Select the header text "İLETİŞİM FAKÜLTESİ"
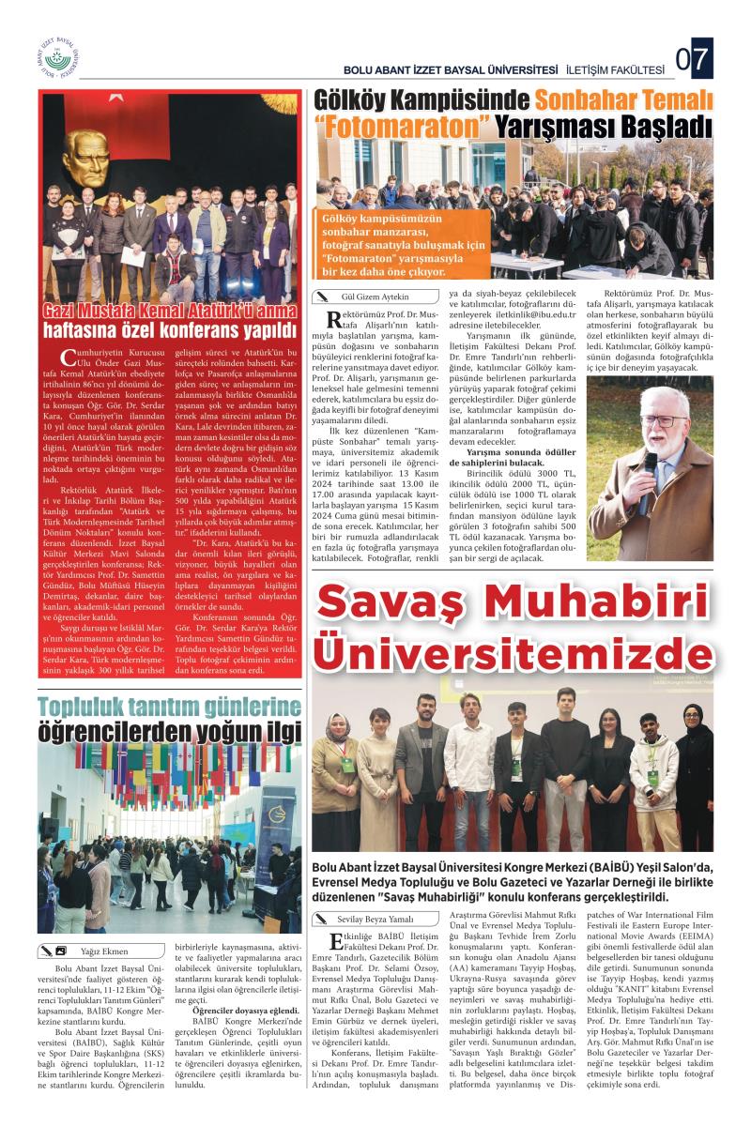(x=615, y=69)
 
